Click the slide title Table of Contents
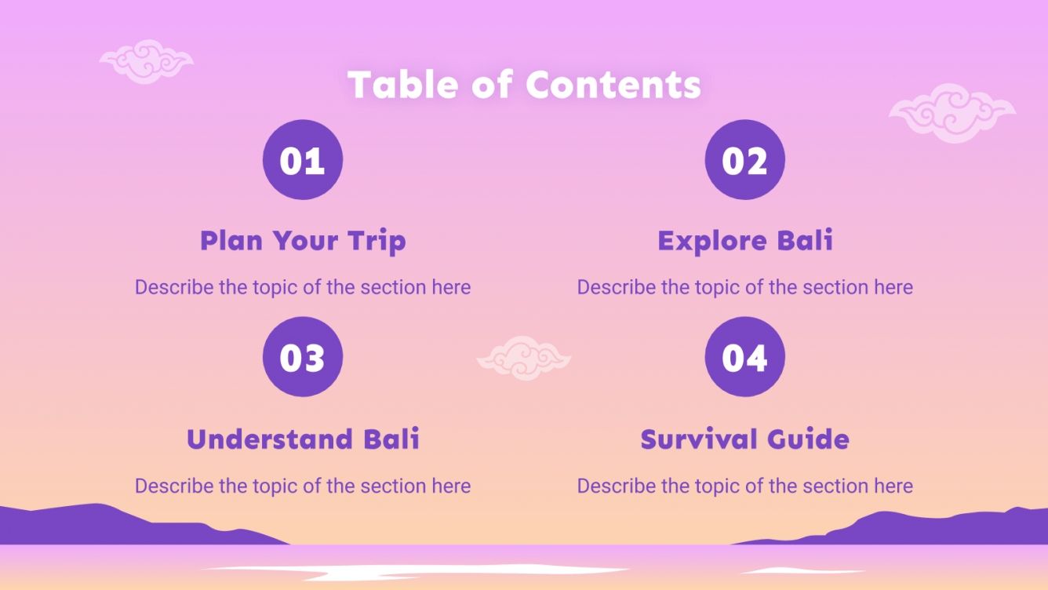click(524, 85)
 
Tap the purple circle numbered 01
click(303, 160)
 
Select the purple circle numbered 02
click(744, 160)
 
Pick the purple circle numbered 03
click(303, 357)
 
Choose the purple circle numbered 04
click(744, 357)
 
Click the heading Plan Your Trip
click(303, 240)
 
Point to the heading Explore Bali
click(744, 240)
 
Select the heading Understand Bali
click(303, 439)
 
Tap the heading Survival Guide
click(744, 439)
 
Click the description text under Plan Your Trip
click(303, 287)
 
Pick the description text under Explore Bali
click(744, 287)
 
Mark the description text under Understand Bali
click(303, 486)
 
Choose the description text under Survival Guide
click(744, 486)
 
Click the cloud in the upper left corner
click(146, 60)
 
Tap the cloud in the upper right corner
click(952, 112)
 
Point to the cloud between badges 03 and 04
click(523, 358)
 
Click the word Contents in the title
click(613, 85)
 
